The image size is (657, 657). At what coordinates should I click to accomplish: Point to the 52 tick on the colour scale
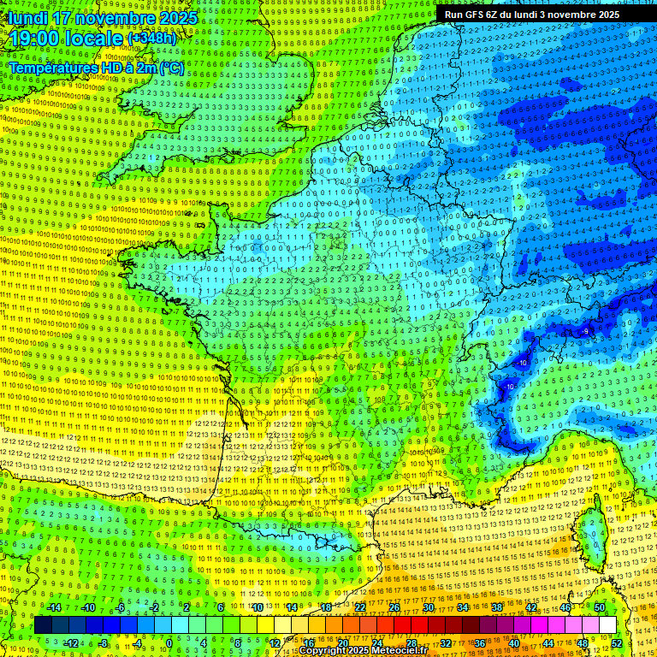617,643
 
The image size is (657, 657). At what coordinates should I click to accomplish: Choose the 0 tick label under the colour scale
169,643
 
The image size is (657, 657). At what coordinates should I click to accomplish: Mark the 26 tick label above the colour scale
394,607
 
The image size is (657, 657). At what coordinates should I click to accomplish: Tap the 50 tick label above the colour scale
600,607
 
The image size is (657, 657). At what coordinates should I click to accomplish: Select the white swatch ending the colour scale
607,625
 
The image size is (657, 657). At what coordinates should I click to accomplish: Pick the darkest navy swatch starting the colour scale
43,625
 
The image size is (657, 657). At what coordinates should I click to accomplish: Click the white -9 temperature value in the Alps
586,331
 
